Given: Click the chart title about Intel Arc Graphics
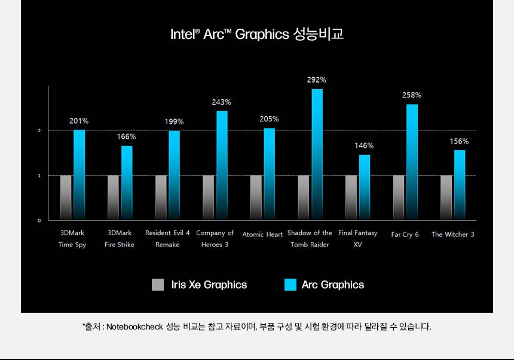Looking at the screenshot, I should coord(257,34).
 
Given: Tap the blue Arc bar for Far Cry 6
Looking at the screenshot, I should coord(412,162).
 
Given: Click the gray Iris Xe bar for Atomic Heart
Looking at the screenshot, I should coord(255,197).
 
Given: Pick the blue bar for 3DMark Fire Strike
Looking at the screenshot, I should coord(127,182).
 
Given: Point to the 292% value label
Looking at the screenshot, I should coord(317,80).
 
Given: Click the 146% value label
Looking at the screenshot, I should coord(364,145).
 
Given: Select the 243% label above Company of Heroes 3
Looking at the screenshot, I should coord(221,102).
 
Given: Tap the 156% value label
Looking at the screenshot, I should coord(459,142).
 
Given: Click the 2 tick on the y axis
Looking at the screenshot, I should coord(39,130).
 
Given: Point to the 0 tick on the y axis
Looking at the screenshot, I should coord(39,221).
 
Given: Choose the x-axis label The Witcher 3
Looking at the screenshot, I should coord(453,234).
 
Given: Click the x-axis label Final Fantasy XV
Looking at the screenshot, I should coord(357,239).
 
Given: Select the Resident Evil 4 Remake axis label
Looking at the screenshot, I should coord(167,239).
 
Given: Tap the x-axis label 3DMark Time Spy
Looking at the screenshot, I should coord(72,239).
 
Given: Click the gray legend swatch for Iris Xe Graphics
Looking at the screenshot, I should coord(158,285).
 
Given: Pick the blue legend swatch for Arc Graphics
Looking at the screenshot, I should coord(290,285).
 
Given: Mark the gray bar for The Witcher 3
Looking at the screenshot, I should coord(446,197).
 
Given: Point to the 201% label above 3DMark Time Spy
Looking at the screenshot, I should coord(79,121).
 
